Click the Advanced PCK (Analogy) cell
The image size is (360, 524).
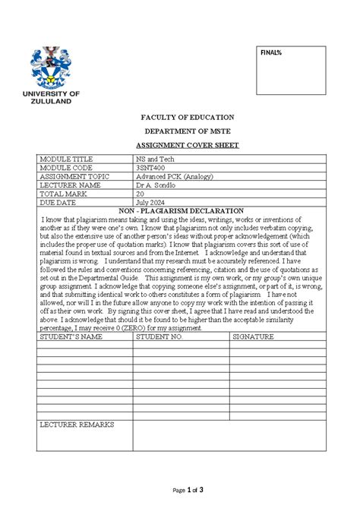(x=175, y=176)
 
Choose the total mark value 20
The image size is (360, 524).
(x=140, y=194)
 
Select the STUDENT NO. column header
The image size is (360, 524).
(x=159, y=335)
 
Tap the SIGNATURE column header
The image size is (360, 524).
(x=253, y=335)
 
